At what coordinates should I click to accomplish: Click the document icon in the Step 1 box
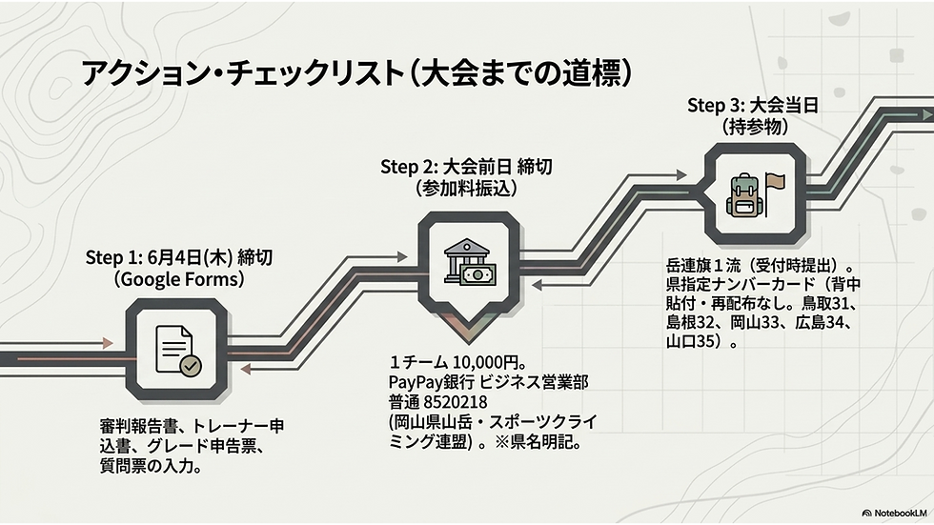click(173, 349)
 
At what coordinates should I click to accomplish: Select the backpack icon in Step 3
click(742, 195)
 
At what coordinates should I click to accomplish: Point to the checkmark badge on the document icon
click(191, 366)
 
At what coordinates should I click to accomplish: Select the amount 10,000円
click(486, 362)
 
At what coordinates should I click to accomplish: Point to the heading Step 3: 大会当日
click(752, 106)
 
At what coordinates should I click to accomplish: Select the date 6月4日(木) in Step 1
click(189, 258)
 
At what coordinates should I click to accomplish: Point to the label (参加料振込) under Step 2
click(467, 189)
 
